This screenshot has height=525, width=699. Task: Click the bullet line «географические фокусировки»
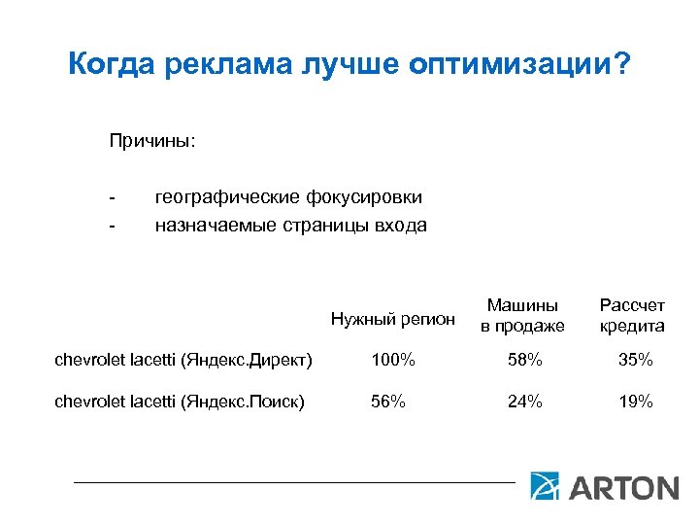pos(288,197)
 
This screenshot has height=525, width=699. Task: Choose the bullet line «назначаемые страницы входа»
pos(290,226)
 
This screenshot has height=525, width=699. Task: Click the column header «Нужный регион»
pos(392,318)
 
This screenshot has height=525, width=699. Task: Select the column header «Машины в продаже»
pos(522,316)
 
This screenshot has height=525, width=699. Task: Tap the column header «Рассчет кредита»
pos(632,316)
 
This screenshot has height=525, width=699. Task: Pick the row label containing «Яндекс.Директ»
pos(183,361)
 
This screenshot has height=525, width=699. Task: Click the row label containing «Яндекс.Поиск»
pos(180,402)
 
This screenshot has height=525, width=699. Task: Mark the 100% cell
pos(392,361)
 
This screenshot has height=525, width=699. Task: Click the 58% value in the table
pos(523,361)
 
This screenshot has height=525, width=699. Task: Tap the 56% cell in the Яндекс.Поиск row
pos(388,402)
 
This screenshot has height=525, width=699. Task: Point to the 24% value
pos(523,402)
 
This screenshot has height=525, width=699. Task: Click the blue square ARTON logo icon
pos(544,486)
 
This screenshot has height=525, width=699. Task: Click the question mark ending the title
pos(621,65)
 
